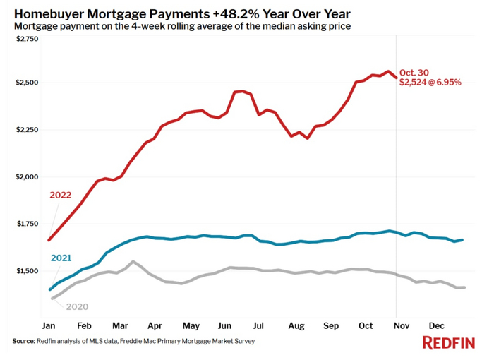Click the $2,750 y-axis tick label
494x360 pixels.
[x=27, y=39]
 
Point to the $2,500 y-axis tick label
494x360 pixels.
[x=27, y=83]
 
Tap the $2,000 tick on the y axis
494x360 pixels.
[x=27, y=176]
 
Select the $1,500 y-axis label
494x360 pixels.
[x=27, y=271]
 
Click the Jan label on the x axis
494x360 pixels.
[x=49, y=325]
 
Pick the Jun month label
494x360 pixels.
[x=226, y=325]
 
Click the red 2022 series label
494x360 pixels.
[x=61, y=196]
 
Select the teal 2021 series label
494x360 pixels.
[x=61, y=258]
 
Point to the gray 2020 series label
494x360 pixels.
[x=77, y=306]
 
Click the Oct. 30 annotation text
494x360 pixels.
[x=414, y=72]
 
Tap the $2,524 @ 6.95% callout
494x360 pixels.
[x=430, y=83]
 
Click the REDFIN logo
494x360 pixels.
[x=448, y=343]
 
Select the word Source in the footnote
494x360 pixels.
[x=23, y=341]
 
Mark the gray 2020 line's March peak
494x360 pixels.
[x=133, y=262]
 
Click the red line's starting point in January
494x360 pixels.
[x=49, y=240]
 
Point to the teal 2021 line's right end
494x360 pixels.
[x=462, y=240]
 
